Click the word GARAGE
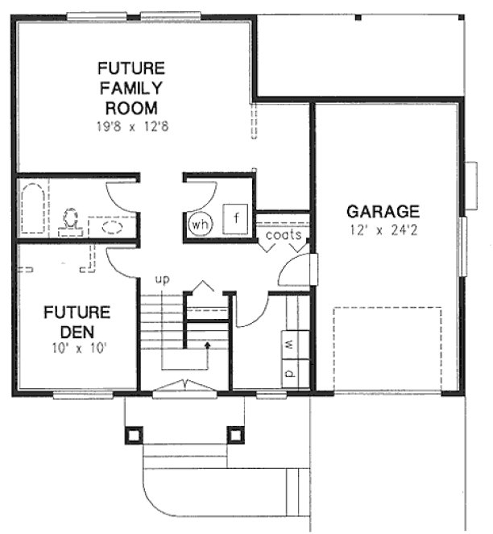pos(383,212)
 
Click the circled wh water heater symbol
pos(200,225)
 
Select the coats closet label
pos(283,236)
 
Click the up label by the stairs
pos(163,279)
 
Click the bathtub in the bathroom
pos(35,209)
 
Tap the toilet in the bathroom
pos(71,218)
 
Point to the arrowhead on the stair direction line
pos(207,344)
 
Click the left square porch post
pos(133,435)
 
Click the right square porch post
pos(235,435)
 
